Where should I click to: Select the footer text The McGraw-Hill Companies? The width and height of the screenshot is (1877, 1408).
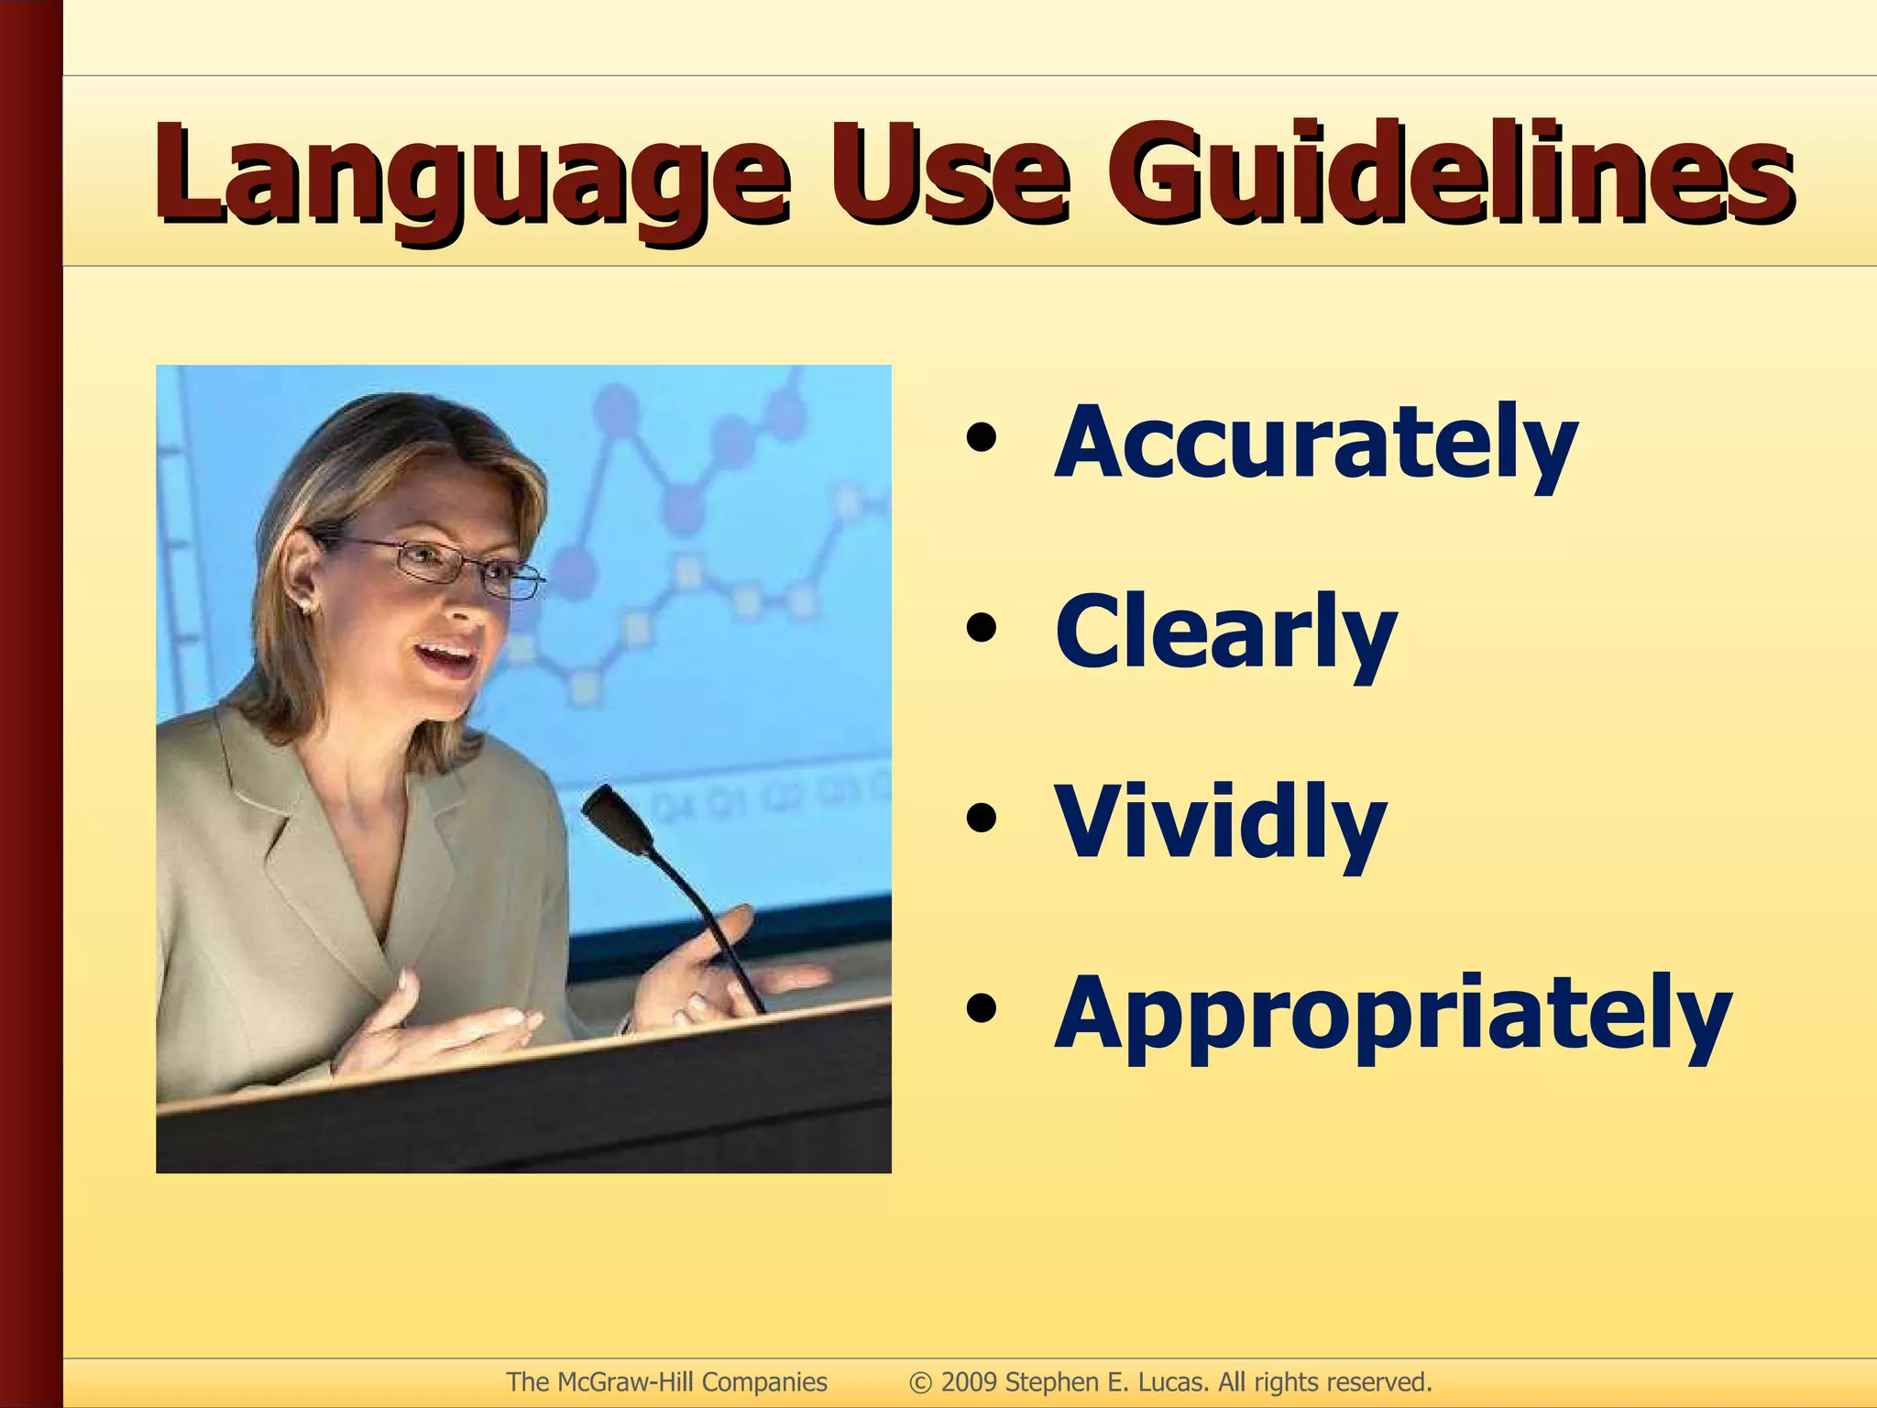(666, 1382)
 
